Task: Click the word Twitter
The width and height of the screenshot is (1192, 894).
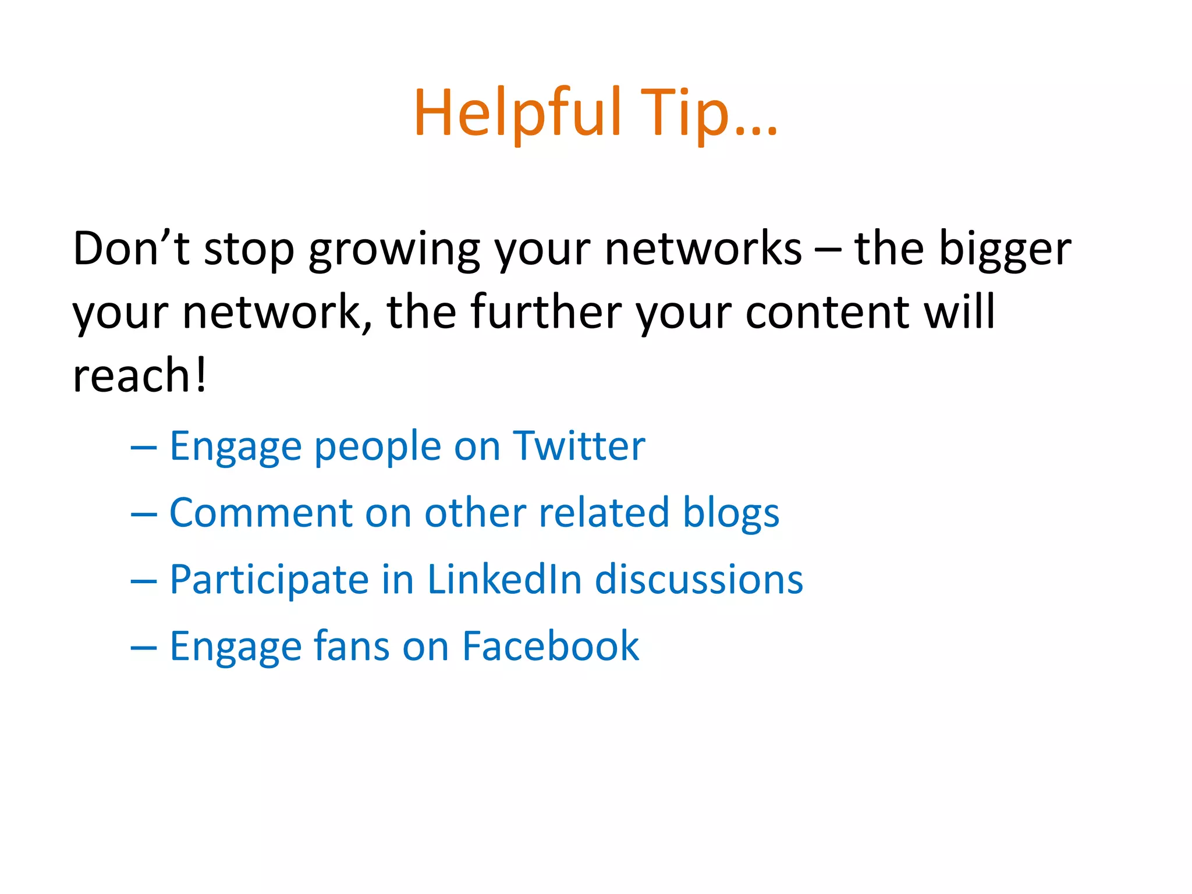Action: pos(579,446)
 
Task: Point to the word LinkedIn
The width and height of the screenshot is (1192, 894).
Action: pos(504,580)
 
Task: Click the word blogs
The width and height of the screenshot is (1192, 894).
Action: pos(730,513)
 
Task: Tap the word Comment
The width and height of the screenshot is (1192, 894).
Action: pos(260,513)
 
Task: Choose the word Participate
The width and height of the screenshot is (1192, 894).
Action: pos(269,580)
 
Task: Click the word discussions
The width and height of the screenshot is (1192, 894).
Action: pos(698,580)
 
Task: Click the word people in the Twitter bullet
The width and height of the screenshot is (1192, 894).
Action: pos(377,447)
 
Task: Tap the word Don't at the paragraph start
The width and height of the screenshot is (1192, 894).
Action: pos(131,249)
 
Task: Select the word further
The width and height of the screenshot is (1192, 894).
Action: pos(546,313)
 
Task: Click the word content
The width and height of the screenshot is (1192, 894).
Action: pos(827,313)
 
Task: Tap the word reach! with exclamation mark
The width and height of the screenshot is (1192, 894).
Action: pos(140,375)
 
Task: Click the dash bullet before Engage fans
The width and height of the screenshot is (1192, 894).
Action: pos(144,647)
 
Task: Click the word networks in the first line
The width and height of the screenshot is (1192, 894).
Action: pos(703,249)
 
